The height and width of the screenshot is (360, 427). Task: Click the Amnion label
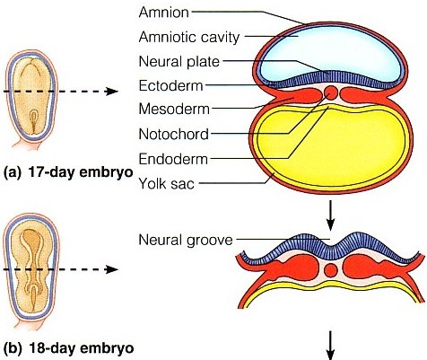tap(164, 13)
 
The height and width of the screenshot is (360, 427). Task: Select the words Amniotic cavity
tap(189, 37)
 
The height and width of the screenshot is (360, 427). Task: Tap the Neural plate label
tap(179, 62)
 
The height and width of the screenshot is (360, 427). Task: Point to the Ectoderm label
tap(170, 86)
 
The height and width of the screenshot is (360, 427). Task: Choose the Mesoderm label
tap(174, 110)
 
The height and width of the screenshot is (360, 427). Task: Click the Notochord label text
tap(174, 134)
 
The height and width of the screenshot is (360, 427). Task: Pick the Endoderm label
tap(173, 159)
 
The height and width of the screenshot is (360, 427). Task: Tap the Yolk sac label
tap(167, 183)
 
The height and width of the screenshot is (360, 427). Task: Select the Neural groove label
tap(186, 240)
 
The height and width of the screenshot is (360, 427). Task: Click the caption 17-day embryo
tap(81, 172)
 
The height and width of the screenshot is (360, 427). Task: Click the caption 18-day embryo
tap(81, 348)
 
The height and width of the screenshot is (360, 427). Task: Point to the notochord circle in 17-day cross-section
tap(331, 93)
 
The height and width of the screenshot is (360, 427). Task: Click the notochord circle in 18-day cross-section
tap(331, 270)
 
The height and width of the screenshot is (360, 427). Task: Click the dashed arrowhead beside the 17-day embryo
tap(112, 92)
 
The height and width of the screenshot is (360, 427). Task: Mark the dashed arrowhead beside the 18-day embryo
tap(112, 269)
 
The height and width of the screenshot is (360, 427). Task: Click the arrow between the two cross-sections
tap(330, 215)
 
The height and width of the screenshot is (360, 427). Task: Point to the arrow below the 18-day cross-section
tap(330, 345)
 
